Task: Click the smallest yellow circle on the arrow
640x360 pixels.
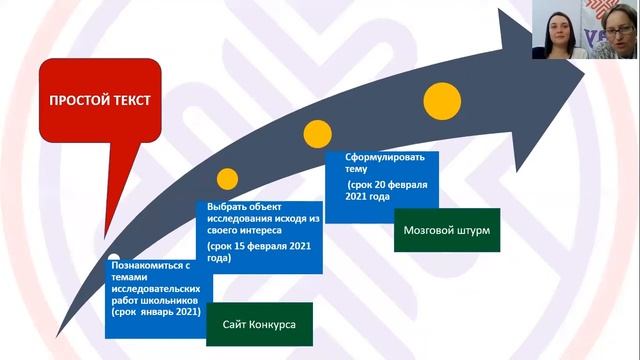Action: coord(228,179)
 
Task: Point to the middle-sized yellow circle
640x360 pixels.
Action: coord(317,132)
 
